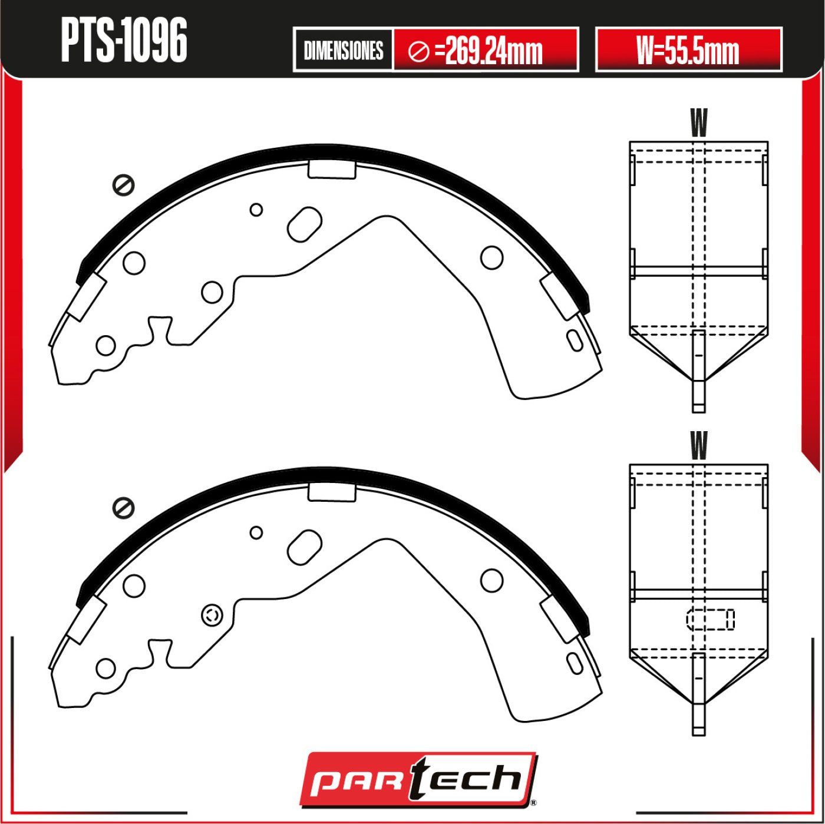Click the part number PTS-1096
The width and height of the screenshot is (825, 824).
click(124, 41)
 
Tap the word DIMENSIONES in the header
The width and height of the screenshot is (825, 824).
click(344, 51)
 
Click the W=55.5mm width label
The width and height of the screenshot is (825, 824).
click(688, 51)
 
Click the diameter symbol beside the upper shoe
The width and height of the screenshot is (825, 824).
click(123, 186)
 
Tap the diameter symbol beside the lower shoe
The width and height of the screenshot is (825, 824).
click(123, 508)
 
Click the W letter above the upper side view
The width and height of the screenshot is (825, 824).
click(699, 123)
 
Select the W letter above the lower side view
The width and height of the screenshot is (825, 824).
click(699, 445)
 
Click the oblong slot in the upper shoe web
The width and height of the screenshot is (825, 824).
click(305, 224)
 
